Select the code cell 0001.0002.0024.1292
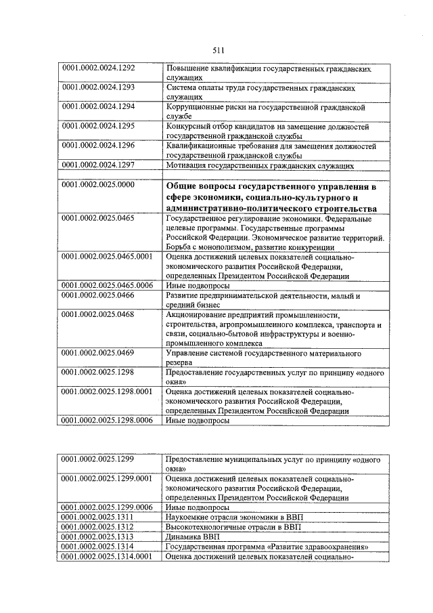coord(99,68)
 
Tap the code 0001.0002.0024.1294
coord(99,107)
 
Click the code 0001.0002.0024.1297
coord(99,165)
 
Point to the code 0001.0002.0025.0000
coord(99,185)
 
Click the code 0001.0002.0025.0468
coord(99,314)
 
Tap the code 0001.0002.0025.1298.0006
coord(108,420)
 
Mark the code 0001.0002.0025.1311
coord(99,517)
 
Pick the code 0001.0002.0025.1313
coord(99,536)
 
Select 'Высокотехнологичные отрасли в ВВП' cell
coord(234,527)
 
